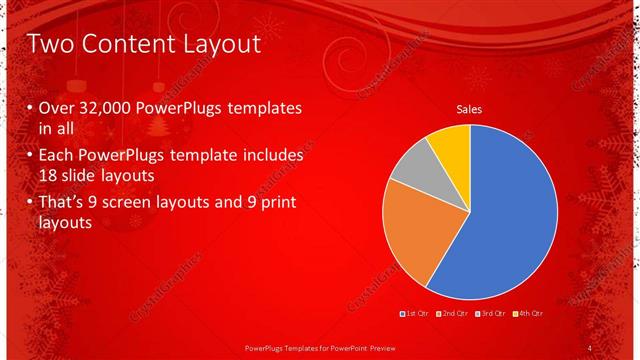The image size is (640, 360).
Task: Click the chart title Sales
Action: coord(469,108)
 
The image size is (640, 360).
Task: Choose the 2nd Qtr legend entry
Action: coord(451,314)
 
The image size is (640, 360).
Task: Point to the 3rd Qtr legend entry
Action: coord(489,314)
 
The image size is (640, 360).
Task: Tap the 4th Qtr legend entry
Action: coord(527,314)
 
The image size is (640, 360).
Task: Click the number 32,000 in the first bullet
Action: coord(106,109)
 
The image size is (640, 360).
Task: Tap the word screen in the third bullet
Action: coord(147,204)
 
